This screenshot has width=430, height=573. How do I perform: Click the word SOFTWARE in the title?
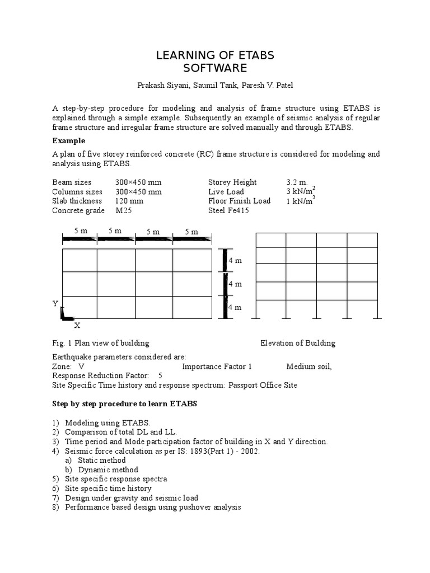(215, 68)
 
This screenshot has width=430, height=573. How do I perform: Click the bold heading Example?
(69, 140)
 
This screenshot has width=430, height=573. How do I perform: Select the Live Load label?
(226, 191)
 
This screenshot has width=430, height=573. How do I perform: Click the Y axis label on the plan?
(55, 303)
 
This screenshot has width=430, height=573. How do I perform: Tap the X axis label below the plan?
(77, 325)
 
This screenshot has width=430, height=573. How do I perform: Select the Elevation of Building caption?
(298, 343)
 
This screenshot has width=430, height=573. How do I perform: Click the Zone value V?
(81, 367)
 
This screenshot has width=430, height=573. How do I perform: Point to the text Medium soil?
(309, 367)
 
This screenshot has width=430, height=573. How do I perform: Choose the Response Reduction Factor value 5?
(161, 375)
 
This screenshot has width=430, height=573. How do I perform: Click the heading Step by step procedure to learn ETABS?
(125, 403)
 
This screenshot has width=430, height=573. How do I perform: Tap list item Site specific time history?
(109, 489)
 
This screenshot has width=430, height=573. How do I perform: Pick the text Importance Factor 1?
(217, 367)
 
